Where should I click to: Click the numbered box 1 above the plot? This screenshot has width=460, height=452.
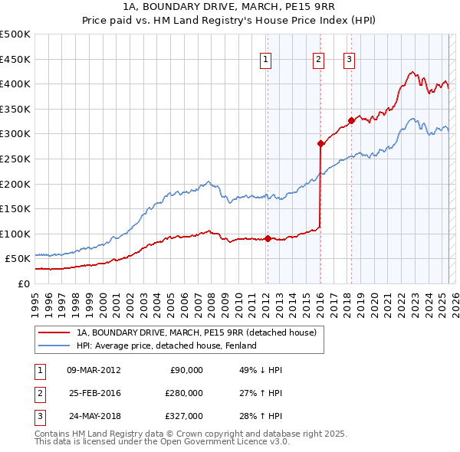point(265,59)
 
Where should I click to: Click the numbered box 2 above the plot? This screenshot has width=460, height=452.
point(318,59)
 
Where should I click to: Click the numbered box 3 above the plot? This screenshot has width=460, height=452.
point(349,59)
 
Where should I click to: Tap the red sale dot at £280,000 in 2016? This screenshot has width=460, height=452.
point(320,143)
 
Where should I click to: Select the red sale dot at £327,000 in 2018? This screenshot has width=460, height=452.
point(351,120)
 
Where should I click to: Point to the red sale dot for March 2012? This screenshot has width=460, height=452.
point(268,238)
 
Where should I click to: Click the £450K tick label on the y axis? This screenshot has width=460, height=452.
point(15,59)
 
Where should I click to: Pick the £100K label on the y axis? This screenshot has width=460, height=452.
point(15,234)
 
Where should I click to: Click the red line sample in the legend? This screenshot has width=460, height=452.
point(53,332)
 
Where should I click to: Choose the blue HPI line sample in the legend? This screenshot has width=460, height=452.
point(53,346)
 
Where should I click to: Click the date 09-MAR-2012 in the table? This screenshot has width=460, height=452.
point(94,370)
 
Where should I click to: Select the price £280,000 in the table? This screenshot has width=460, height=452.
point(183,394)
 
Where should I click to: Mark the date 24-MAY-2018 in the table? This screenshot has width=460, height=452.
point(94,418)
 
